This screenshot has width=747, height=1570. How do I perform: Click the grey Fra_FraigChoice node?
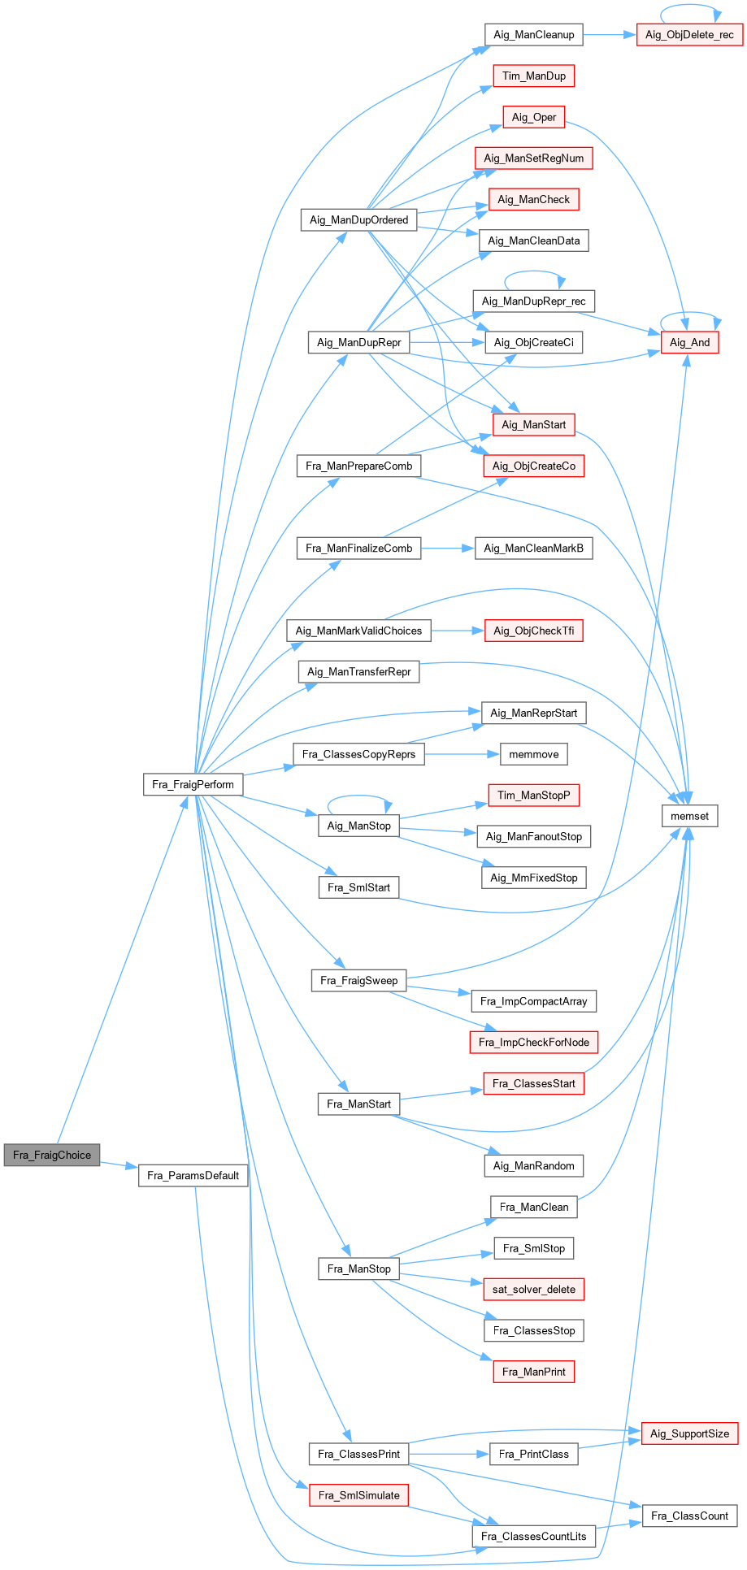tap(52, 1155)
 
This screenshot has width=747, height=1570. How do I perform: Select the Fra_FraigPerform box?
tap(193, 784)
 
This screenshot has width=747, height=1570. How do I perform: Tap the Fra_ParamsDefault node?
tap(193, 1175)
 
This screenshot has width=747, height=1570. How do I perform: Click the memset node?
tap(689, 816)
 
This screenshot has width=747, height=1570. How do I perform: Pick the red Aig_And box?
tap(689, 342)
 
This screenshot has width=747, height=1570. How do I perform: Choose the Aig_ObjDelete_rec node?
tap(689, 35)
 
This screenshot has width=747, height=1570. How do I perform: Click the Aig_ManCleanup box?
tap(534, 34)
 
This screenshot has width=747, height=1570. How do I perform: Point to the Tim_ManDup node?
tap(534, 76)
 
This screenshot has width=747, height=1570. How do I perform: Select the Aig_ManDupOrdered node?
tap(359, 219)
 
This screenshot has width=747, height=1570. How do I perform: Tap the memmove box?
tap(534, 754)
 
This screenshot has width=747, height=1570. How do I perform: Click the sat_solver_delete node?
tap(534, 1289)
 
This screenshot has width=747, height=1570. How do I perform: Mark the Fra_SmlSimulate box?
tap(359, 1494)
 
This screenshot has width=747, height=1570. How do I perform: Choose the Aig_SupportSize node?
tap(689, 1433)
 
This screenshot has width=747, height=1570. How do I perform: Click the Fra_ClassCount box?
tap(689, 1516)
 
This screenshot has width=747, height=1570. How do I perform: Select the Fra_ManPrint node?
tap(534, 1372)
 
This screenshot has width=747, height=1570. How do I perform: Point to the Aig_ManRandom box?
tap(534, 1165)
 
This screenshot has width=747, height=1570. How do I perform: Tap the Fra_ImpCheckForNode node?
tap(534, 1042)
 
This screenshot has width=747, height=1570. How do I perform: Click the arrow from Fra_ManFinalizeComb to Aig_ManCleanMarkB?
tap(447, 549)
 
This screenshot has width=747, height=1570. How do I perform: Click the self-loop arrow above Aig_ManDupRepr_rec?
tap(534, 273)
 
